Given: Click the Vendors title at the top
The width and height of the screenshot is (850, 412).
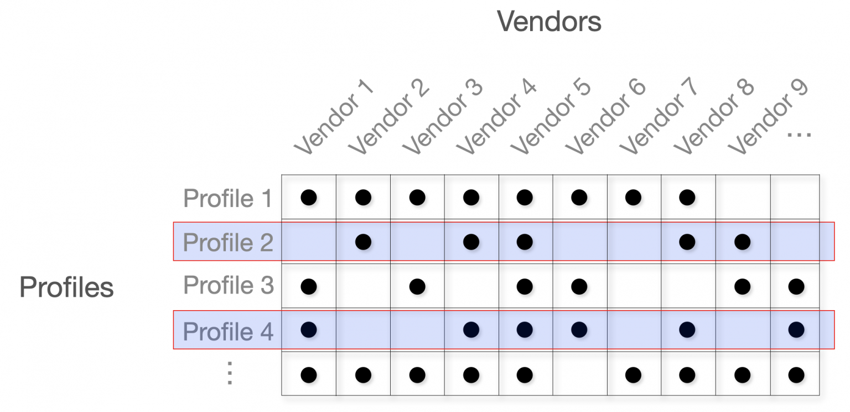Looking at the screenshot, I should [549, 22].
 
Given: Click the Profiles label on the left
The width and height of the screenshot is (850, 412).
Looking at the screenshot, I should [66, 287].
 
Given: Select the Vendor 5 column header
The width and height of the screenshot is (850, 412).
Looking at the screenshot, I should [551, 117].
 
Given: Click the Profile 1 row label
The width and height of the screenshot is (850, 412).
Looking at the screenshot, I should [228, 198].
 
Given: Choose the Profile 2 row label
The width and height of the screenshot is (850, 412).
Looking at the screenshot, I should [228, 242].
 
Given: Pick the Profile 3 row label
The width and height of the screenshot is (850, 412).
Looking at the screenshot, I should [228, 286].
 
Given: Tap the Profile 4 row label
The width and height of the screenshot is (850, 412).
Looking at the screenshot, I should [228, 331].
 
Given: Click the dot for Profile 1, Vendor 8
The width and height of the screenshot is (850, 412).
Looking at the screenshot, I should [687, 197].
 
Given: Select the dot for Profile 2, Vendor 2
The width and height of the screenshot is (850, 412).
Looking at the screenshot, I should [363, 241].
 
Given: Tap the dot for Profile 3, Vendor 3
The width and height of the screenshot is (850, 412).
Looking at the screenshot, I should [417, 286].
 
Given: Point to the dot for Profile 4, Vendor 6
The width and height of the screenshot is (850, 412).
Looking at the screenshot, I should [579, 330].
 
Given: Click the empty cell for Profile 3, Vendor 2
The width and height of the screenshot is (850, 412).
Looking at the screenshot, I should [363, 286].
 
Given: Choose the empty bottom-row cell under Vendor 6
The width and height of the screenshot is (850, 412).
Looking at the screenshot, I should [579, 375].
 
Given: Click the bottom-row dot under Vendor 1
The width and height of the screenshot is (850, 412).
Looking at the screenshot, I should [309, 375].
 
